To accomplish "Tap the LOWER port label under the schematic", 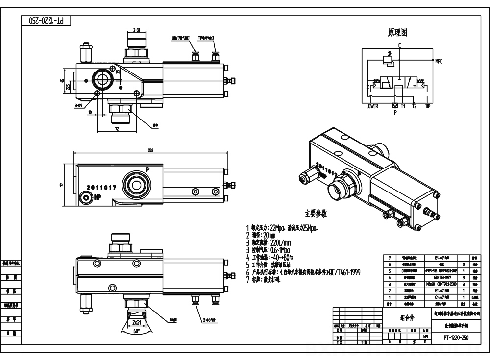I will coord(372,106).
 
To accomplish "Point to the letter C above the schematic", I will coord(399,45).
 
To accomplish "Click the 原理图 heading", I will coord(397,33).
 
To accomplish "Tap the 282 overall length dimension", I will coord(150,151).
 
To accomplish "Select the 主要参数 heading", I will coord(316,214).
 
